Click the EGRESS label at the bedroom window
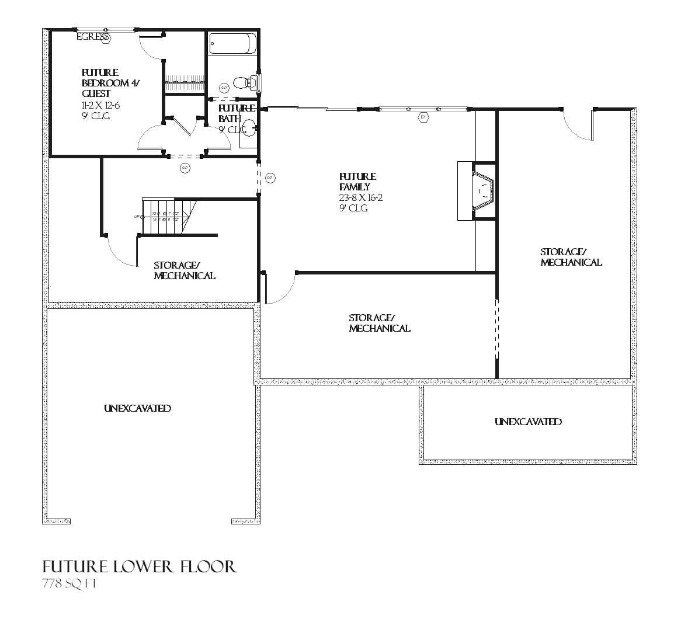tap(93, 37)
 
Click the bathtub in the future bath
tap(232, 43)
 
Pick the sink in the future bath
tap(249, 127)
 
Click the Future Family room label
tap(357, 182)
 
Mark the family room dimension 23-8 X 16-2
tap(360, 197)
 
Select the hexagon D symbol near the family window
tap(423, 117)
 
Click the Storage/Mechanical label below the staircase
tap(184, 270)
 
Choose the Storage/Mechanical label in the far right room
tap(570, 257)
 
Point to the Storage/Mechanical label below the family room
tap(379, 323)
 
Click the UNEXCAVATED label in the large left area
tap(137, 408)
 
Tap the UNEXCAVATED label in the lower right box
tap(528, 422)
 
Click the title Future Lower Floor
tap(140, 566)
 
